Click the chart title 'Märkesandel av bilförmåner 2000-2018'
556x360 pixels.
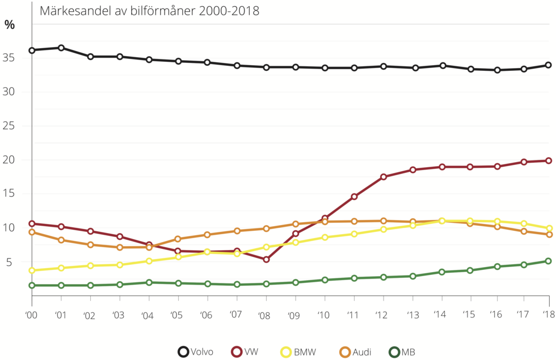(x=149, y=11)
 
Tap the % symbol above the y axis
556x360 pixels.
(x=10, y=24)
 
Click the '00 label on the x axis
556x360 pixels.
(x=32, y=316)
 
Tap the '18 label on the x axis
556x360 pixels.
(x=547, y=316)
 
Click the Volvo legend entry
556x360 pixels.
(x=196, y=352)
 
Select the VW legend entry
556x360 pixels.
(x=245, y=352)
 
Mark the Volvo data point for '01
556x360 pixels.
(x=61, y=48)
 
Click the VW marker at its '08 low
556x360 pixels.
(x=266, y=260)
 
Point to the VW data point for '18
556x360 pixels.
(x=549, y=160)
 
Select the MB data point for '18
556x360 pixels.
(x=549, y=261)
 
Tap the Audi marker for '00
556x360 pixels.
(x=32, y=232)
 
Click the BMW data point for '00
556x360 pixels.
(x=32, y=270)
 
